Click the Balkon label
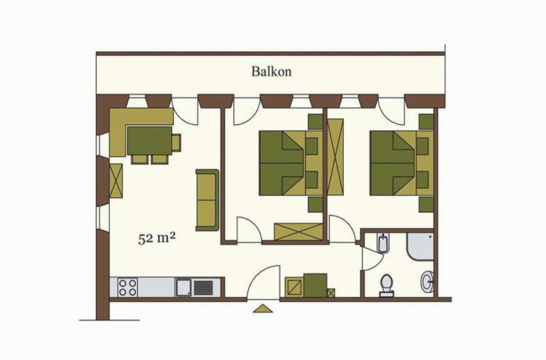click(x=271, y=71)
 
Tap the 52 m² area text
click(x=156, y=239)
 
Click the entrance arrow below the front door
click(x=263, y=308)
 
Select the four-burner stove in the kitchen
click(x=127, y=287)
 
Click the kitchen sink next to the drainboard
click(x=183, y=287)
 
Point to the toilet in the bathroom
click(x=386, y=285)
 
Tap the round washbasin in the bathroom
click(x=427, y=281)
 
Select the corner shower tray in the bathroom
click(x=420, y=246)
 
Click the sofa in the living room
click(x=207, y=200)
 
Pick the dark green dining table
click(x=150, y=141)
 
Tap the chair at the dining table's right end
click(x=176, y=143)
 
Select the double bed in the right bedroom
click(x=402, y=163)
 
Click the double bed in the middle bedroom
click(x=291, y=163)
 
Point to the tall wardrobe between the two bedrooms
click(x=335, y=157)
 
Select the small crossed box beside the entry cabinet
click(x=331, y=293)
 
